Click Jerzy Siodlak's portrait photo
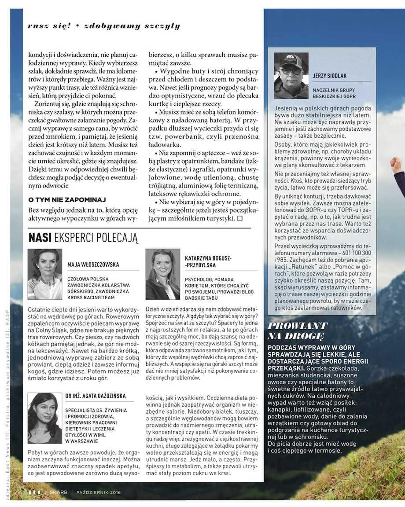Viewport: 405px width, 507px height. pos(291,76)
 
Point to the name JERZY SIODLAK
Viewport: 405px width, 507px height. pos(330,76)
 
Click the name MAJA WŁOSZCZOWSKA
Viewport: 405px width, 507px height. pos(93,265)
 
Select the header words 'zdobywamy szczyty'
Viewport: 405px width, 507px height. pos(132,26)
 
